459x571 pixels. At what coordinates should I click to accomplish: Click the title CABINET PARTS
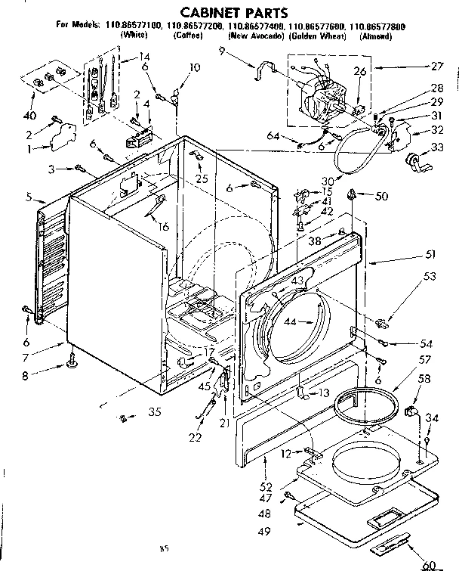tap(230, 13)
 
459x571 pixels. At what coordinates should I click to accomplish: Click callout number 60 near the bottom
tap(430, 563)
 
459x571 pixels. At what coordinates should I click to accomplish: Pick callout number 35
tap(154, 413)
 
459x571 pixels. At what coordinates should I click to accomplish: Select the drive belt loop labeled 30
tap(353, 159)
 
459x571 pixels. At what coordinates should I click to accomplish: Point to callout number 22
tap(196, 436)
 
